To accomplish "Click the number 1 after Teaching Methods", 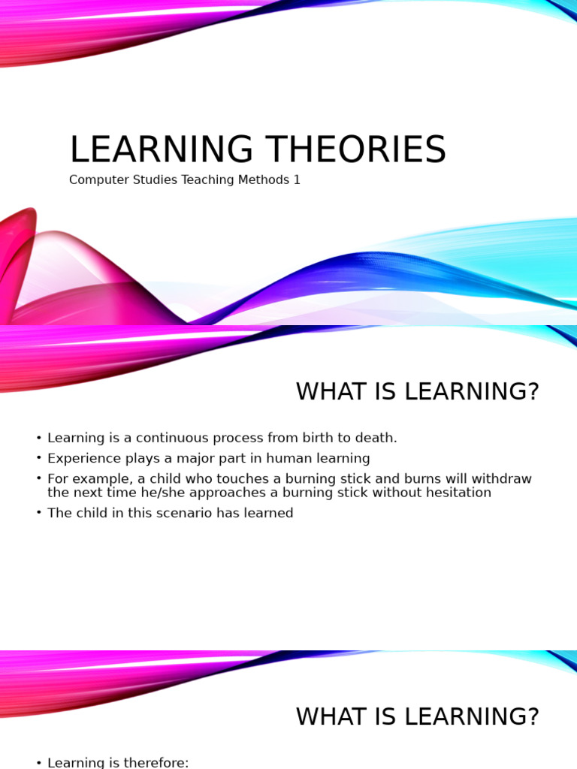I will coord(297,180).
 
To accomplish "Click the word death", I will coord(376,438).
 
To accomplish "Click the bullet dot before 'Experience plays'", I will coord(39,459).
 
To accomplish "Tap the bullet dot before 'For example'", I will coord(39,479).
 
